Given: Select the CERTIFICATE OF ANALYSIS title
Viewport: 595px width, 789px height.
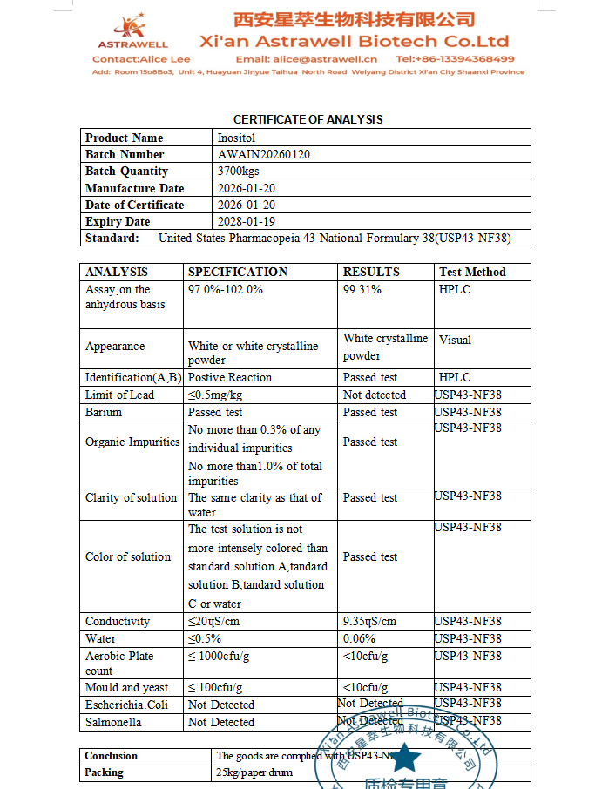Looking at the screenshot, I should coord(308,119).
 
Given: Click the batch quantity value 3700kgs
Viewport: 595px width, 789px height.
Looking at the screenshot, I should coord(240,172).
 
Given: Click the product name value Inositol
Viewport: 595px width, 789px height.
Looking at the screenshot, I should coord(237,138).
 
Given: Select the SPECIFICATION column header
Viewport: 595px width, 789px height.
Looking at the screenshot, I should coord(238,272).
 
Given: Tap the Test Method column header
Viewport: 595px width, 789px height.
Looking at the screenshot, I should coord(472,272).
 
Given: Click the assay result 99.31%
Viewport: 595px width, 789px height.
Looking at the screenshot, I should coord(362,289).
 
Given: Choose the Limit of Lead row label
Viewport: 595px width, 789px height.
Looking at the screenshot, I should coord(119,394).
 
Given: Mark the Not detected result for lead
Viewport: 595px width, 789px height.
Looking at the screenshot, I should coord(374,394).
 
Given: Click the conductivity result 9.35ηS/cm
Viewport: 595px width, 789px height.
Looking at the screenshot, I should coord(369,621).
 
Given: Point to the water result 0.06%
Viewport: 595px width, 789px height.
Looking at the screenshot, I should coord(361,638).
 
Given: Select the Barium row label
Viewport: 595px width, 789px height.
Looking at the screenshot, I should coord(104,412).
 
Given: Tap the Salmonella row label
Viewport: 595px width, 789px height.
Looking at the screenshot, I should coord(113,722).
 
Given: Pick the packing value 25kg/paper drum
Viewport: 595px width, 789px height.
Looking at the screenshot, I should coord(254,772).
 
